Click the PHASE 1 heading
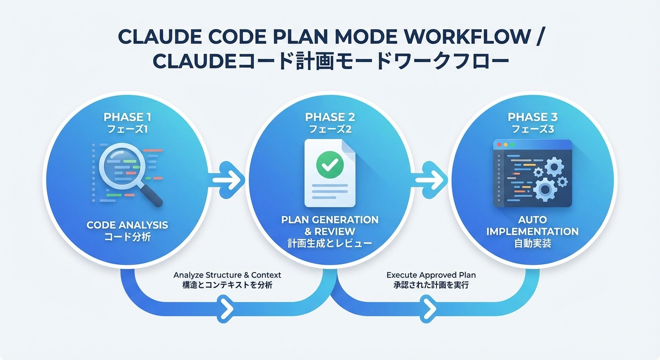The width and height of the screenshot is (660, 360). [127, 117]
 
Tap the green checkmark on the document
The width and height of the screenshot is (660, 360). [330, 164]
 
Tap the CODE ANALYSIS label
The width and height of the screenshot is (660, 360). [127, 225]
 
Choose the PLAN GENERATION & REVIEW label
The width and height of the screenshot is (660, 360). [330, 225]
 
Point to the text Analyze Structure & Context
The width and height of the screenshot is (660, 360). [227, 275]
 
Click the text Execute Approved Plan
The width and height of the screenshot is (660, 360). [431, 275]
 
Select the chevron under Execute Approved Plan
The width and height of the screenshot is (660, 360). [430, 308]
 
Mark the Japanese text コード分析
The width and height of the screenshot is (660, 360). [127, 237]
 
